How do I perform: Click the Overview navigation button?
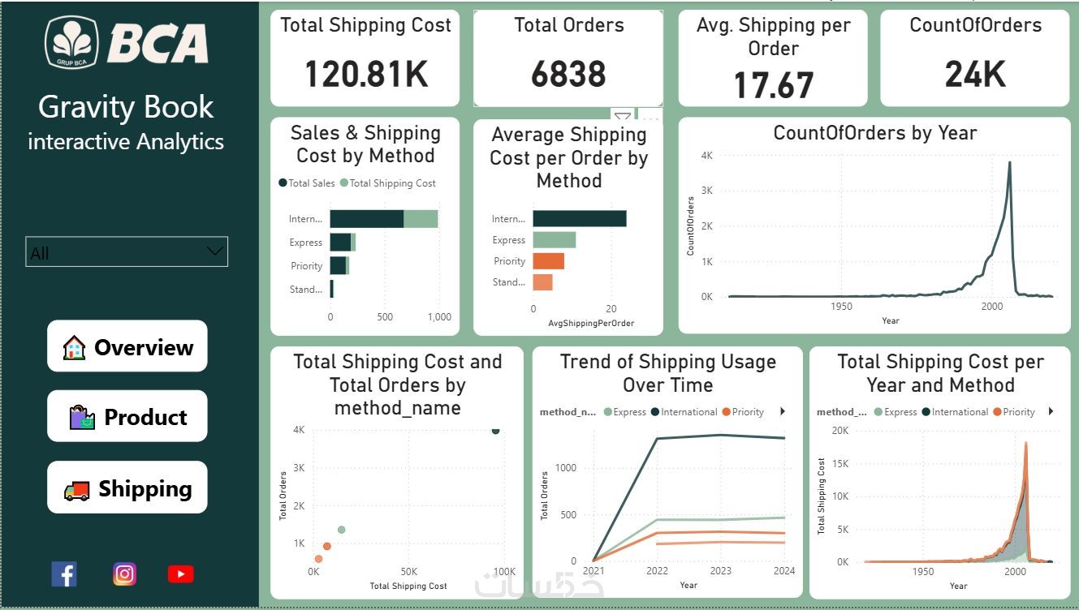pyautogui.click(x=127, y=347)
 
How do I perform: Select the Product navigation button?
pyautogui.click(x=127, y=417)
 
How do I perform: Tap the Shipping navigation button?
pyautogui.click(x=127, y=488)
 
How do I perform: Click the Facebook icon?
pyautogui.click(x=64, y=574)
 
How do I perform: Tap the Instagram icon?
pyautogui.click(x=124, y=574)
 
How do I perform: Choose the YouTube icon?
pyautogui.click(x=180, y=574)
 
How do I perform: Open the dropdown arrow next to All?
pyautogui.click(x=215, y=251)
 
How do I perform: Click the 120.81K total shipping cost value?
pyautogui.click(x=365, y=75)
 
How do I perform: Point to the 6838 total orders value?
pyautogui.click(x=568, y=75)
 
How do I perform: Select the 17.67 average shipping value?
pyautogui.click(x=773, y=85)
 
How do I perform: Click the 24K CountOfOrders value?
pyautogui.click(x=975, y=75)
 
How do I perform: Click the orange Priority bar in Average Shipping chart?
pyautogui.click(x=548, y=261)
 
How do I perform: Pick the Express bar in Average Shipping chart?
pyautogui.click(x=554, y=240)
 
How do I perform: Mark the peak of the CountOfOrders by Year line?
pyautogui.click(x=1009, y=162)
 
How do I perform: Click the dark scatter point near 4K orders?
pyautogui.click(x=495, y=430)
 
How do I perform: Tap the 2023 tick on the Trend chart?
pyautogui.click(x=719, y=571)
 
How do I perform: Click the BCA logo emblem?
pyautogui.click(x=71, y=41)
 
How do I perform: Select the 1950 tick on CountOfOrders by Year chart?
pyautogui.click(x=842, y=307)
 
